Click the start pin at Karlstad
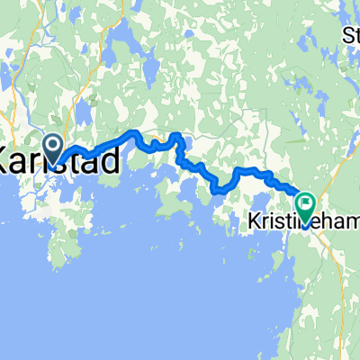click(x=52, y=147)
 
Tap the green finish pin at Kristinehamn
click(x=305, y=207)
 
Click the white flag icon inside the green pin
click(x=305, y=204)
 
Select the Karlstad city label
click(x=58, y=163)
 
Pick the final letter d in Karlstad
click(x=108, y=163)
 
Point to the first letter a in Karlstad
click(x=24, y=163)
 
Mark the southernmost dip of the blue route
click(x=220, y=190)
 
